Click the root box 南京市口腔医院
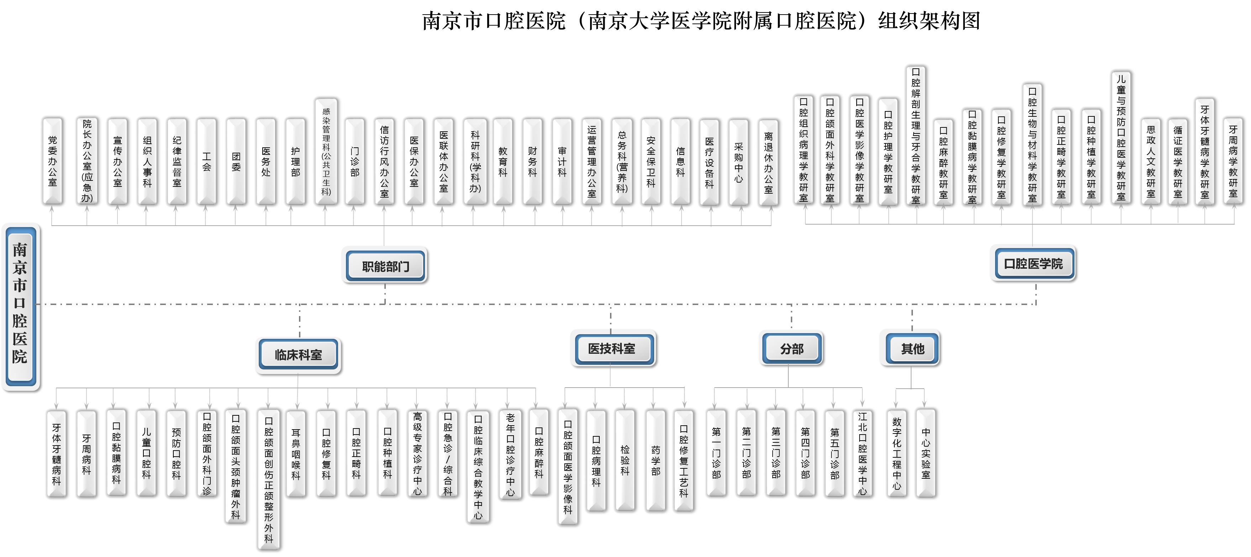20,306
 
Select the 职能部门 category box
384,265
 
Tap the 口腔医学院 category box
1032,263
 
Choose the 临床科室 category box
298,355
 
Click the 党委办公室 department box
52,161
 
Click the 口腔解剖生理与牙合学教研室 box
915,136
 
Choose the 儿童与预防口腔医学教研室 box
1121,138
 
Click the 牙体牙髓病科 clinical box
56,453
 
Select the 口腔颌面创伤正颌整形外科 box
269,480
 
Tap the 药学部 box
655,459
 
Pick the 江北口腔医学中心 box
862,453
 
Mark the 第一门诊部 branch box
716,453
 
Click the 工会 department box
206,161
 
